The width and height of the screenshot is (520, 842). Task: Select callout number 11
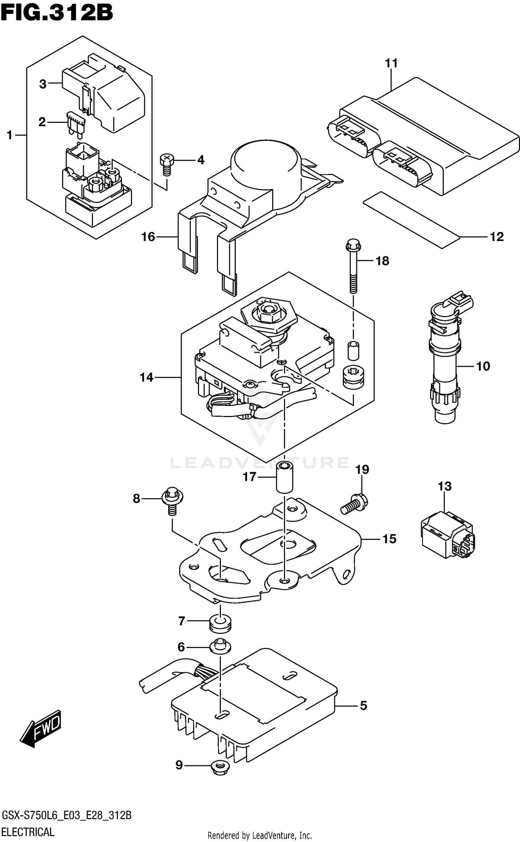click(x=391, y=63)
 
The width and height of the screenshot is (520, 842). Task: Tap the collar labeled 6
click(x=220, y=646)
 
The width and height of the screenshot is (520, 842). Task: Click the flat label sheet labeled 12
click(x=411, y=219)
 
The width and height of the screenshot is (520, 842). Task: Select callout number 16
click(x=148, y=237)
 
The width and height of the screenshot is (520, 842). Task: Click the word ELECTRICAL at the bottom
click(x=28, y=832)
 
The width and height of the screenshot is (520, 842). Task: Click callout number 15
click(x=389, y=539)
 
